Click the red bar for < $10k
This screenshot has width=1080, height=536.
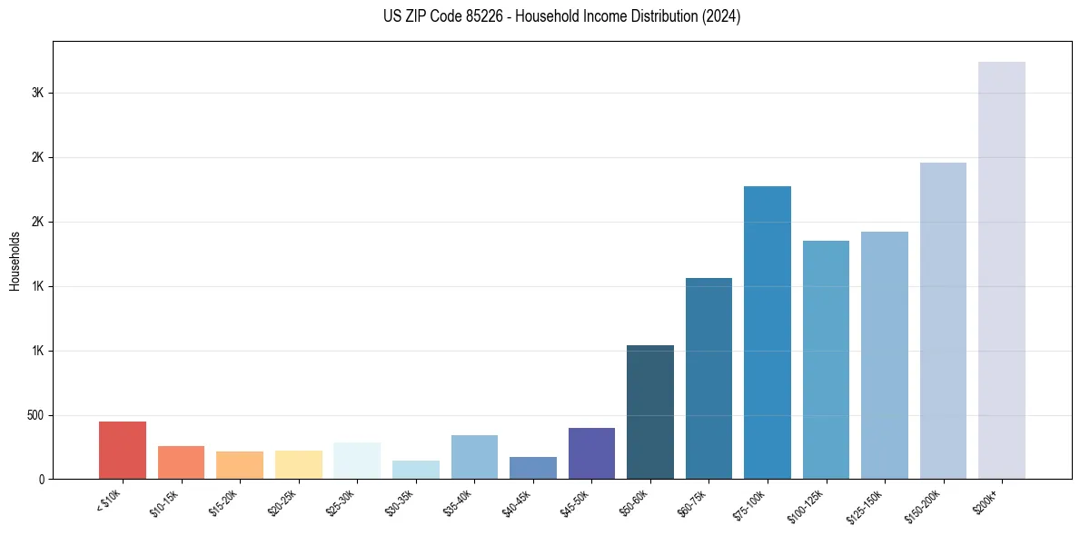click(123, 450)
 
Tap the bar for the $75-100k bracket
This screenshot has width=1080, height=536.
click(767, 333)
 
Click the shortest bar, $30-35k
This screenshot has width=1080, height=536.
click(416, 470)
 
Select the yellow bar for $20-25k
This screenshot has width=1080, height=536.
click(299, 464)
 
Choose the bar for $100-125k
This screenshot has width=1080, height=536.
click(826, 360)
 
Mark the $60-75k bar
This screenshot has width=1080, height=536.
click(708, 378)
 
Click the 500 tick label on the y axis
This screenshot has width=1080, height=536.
click(35, 415)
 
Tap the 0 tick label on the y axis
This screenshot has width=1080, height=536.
click(42, 479)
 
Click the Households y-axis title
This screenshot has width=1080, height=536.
click(15, 260)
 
